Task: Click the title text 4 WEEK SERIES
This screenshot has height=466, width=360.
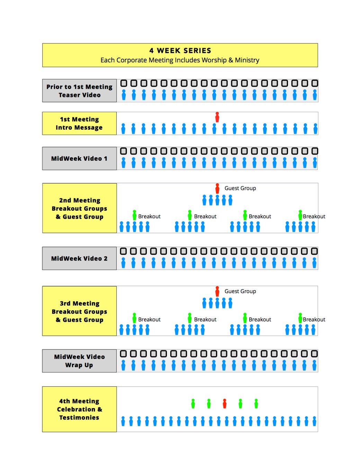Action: click(180, 51)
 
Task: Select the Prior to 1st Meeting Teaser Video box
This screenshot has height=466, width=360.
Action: click(80, 91)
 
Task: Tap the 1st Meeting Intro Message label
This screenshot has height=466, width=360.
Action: click(79, 123)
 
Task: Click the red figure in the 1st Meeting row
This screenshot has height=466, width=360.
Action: click(217, 117)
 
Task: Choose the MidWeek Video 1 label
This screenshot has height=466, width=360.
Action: click(79, 159)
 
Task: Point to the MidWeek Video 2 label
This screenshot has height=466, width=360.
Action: click(79, 258)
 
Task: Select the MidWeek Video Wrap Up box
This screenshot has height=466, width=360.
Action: click(79, 361)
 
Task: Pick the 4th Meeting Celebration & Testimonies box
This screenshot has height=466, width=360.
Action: click(79, 409)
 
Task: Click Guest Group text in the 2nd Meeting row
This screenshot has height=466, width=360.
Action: click(240, 188)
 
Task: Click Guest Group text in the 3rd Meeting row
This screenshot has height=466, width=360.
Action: click(240, 291)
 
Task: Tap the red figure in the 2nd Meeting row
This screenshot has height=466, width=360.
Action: click(217, 188)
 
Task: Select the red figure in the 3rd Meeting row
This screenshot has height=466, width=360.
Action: click(217, 291)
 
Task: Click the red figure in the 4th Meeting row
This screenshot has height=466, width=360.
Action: click(225, 403)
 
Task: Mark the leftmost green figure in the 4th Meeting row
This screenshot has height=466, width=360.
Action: click(193, 403)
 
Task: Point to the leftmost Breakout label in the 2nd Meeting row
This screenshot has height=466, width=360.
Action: click(149, 217)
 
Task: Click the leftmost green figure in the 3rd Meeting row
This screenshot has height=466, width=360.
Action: click(134, 318)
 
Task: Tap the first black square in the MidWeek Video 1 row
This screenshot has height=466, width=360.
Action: click(124, 151)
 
